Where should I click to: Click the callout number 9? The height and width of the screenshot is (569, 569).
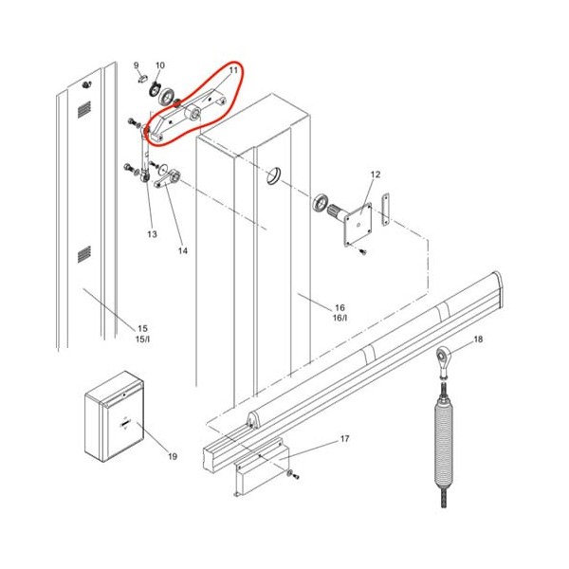coord(136,65)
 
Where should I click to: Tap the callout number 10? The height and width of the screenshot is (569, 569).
coord(160,65)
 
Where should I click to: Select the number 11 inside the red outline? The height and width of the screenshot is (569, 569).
coord(233,70)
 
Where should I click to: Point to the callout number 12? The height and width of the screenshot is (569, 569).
coord(376,174)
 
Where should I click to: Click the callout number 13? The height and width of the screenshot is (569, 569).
coord(152,234)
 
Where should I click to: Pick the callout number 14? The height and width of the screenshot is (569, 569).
coord(183,250)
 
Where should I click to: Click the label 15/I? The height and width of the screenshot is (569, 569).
coord(142,340)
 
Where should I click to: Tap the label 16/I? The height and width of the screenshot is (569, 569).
coord(340,318)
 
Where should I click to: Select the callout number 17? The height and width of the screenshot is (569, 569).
coord(345,439)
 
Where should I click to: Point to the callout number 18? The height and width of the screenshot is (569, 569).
coord(478,340)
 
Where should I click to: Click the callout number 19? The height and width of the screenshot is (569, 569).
coord(173,456)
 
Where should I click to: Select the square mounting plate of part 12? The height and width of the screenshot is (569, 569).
coord(358,225)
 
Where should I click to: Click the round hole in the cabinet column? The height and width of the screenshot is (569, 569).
coord(274,176)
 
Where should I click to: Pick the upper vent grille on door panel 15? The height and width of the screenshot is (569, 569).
coord(83,110)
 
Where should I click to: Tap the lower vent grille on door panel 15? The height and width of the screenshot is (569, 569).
coord(83,254)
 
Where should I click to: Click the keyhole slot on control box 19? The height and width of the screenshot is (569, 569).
coord(125,424)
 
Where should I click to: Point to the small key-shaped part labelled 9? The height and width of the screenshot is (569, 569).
coord(142,78)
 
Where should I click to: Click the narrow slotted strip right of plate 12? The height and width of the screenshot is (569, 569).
coord(385,210)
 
